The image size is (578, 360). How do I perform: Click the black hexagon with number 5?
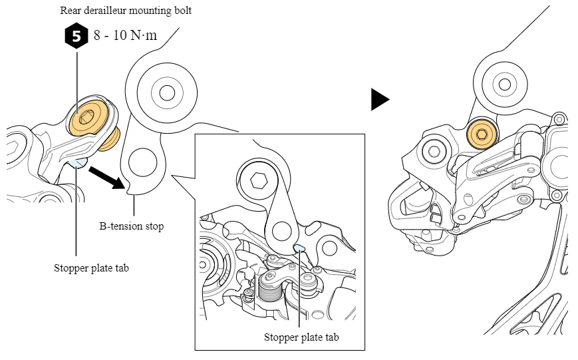click(76, 36)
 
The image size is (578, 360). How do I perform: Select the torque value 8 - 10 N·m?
click(125, 35)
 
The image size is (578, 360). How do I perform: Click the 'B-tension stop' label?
click(131, 226)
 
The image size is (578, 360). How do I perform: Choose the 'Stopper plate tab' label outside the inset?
click(91, 269)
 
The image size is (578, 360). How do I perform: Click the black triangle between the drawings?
click(380, 99)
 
